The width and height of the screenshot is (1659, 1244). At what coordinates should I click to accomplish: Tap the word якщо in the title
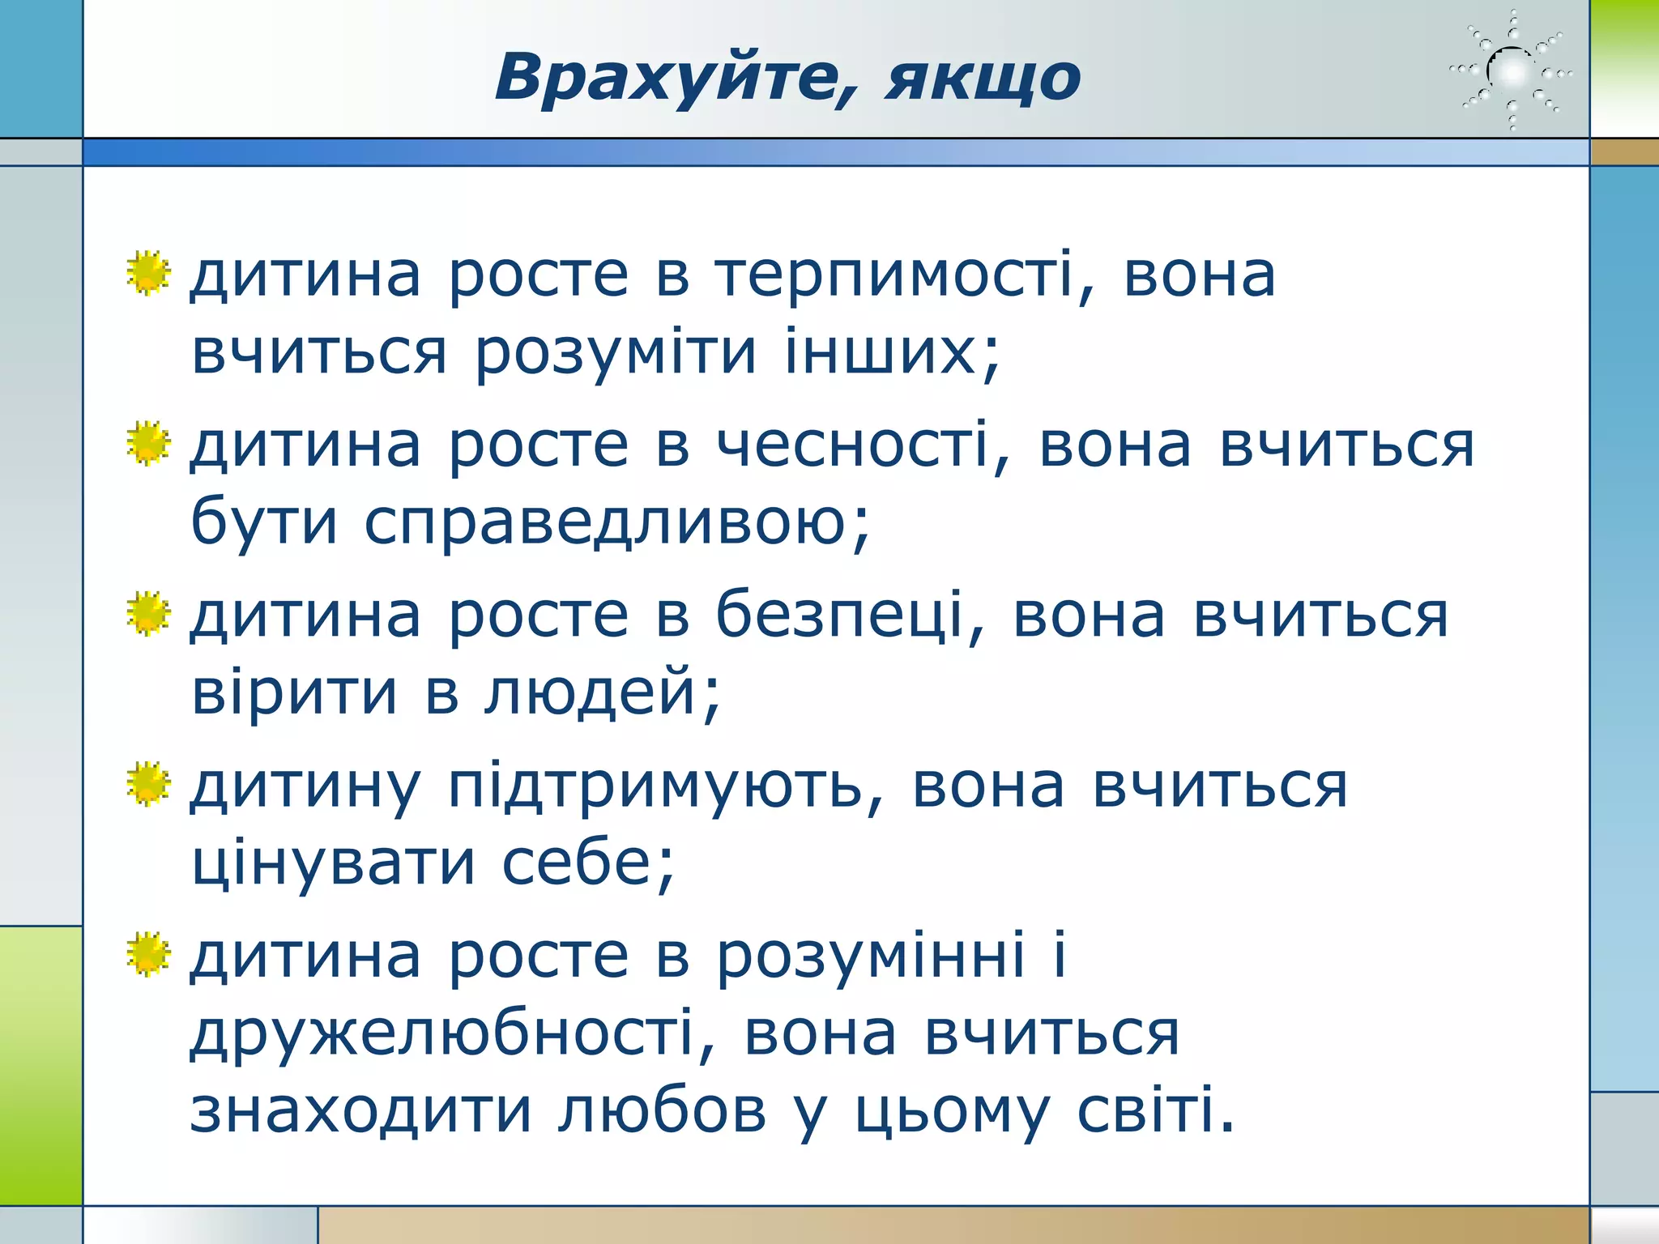click(983, 79)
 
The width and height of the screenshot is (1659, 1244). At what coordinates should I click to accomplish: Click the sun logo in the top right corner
click(1511, 72)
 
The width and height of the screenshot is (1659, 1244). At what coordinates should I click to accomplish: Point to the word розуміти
click(616, 353)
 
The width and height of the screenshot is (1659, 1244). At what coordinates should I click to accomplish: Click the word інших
click(891, 351)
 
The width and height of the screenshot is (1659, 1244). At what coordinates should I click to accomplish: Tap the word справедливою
click(616, 523)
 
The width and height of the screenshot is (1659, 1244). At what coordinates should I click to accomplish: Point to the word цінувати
click(333, 863)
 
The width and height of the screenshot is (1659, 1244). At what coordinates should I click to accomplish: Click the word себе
click(587, 863)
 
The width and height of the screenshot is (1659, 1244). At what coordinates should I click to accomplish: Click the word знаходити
click(360, 1110)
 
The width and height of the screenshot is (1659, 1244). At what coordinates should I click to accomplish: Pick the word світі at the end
click(1154, 1110)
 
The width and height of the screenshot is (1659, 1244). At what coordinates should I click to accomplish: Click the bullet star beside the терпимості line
click(149, 273)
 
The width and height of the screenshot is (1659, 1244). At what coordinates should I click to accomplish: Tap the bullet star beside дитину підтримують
click(149, 784)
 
